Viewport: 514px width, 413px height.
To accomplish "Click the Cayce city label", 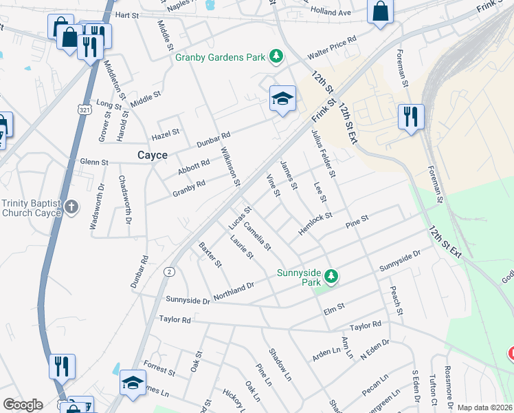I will (152, 156).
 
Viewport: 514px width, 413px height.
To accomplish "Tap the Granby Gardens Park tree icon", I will (276, 56).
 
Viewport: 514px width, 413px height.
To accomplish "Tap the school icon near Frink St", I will (282, 99).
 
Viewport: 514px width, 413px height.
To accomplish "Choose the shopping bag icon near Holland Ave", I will (380, 11).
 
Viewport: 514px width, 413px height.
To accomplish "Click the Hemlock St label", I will (315, 223).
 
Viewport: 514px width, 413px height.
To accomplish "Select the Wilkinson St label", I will (230, 167).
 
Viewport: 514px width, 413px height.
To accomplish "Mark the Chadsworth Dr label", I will (124, 200).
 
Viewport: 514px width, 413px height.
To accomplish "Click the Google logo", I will (23, 405).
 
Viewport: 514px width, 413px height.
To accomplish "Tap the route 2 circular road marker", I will (168, 273).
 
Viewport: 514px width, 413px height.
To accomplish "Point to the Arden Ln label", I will (326, 353).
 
